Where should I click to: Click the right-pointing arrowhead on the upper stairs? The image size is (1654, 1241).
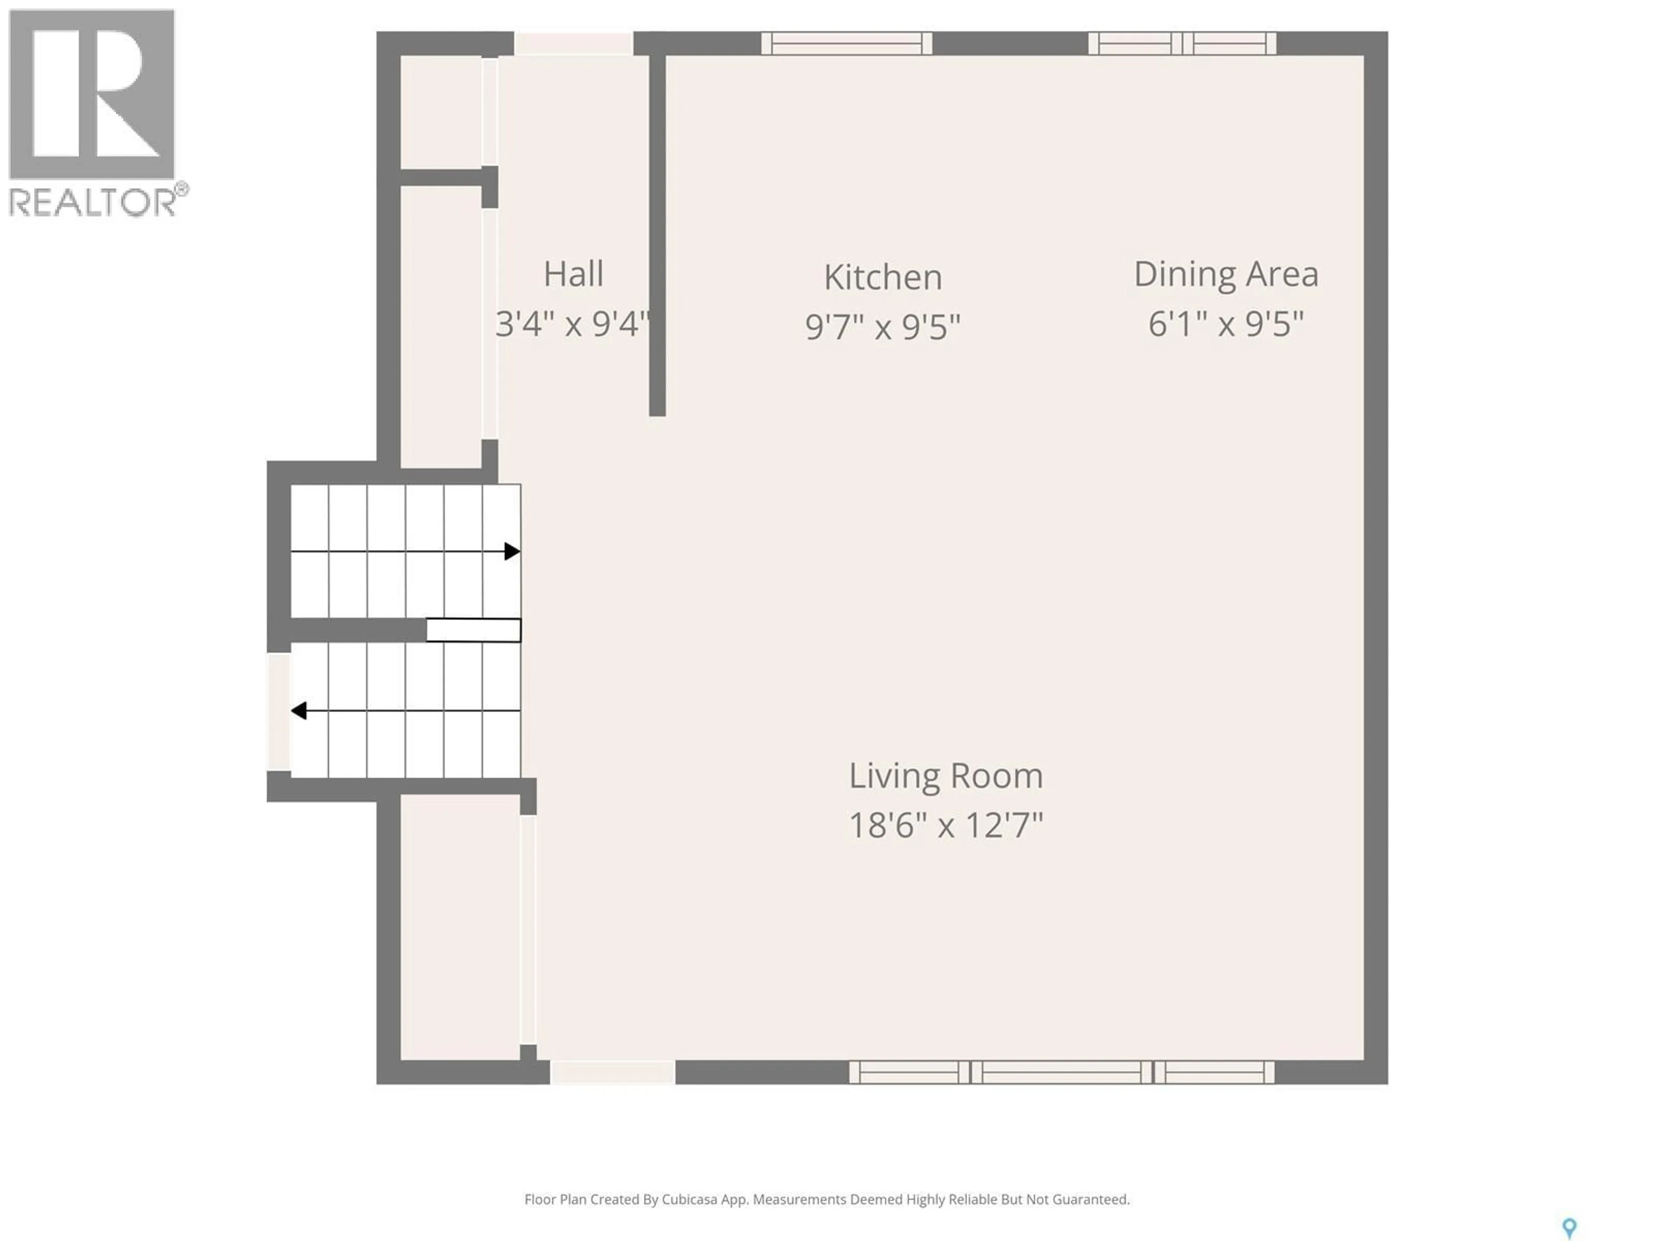point(511,551)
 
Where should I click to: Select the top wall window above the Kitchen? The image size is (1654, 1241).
point(846,44)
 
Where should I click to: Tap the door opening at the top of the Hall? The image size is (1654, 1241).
point(574,44)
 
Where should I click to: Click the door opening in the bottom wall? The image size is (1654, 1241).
point(612,1072)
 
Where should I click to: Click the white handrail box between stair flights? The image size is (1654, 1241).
point(473,630)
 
